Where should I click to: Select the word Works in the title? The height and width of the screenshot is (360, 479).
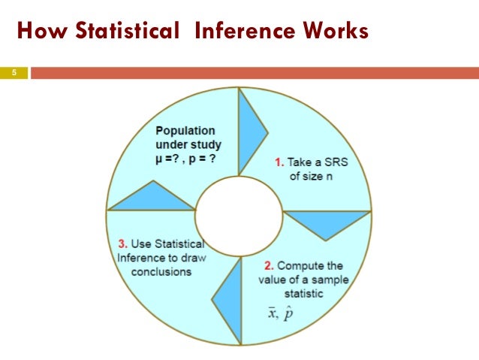click(330, 32)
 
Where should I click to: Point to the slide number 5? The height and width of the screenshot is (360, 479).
click(13, 73)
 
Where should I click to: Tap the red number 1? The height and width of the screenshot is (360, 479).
click(277, 161)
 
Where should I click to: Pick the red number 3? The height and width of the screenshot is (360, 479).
click(122, 244)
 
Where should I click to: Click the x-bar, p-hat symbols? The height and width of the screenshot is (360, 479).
click(281, 313)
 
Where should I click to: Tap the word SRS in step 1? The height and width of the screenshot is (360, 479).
click(337, 161)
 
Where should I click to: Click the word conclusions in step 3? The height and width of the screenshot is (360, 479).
click(161, 271)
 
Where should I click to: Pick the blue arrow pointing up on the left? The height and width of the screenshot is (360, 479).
click(152, 197)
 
